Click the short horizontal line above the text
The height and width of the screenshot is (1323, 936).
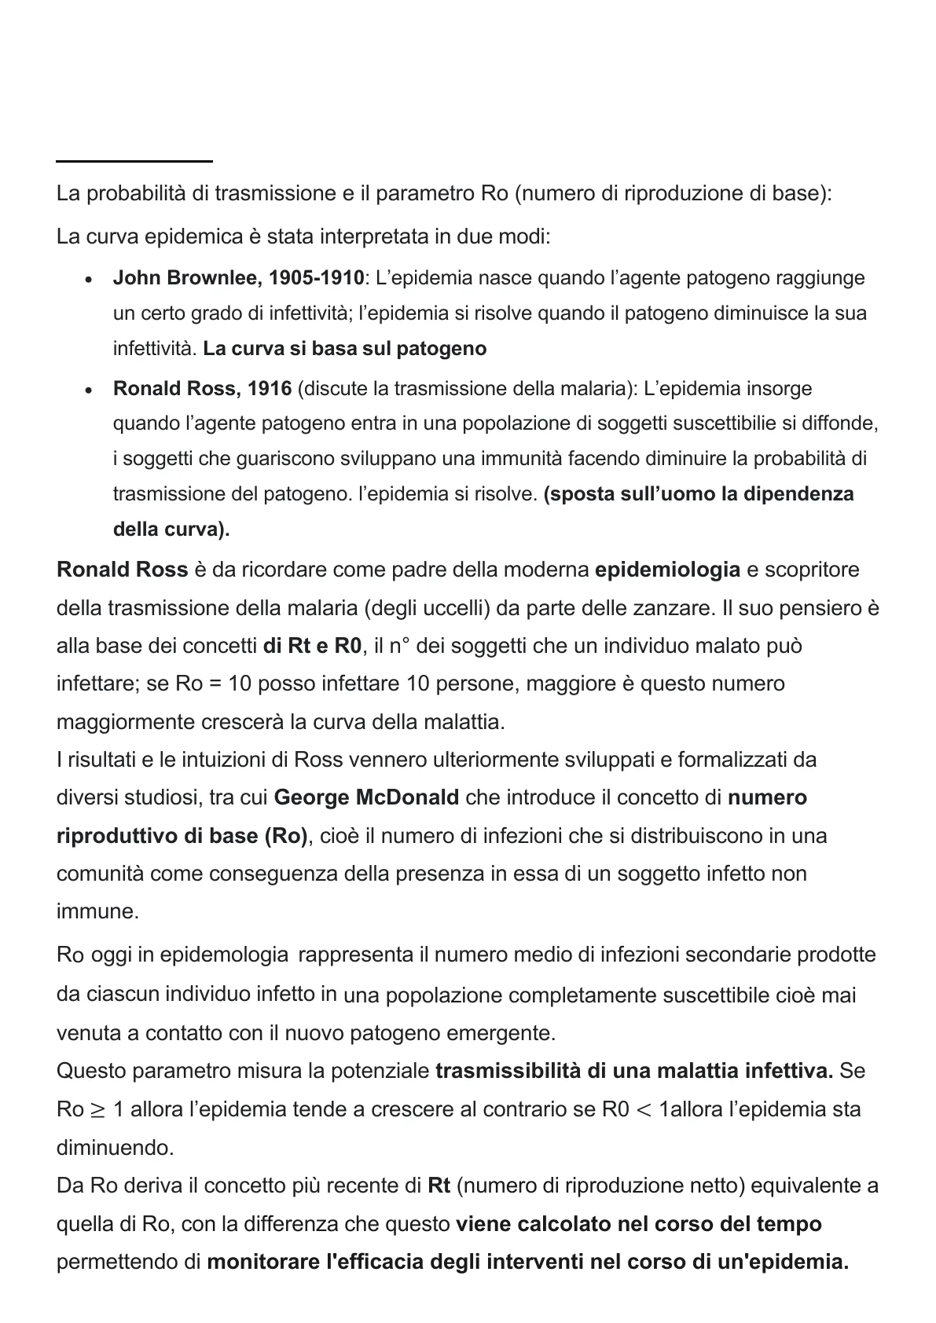coord(134,161)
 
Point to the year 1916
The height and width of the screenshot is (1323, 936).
coord(270,389)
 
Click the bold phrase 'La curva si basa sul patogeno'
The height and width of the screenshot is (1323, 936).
coord(344,349)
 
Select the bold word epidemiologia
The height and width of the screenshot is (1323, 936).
coord(667,570)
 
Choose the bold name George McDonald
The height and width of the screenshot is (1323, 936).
coord(366,798)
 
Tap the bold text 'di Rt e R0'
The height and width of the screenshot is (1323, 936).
coord(313,647)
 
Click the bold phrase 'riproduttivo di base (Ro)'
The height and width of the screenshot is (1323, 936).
coord(182,836)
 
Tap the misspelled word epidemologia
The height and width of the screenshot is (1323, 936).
coord(224,955)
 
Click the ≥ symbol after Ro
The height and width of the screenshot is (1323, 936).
coord(98,1110)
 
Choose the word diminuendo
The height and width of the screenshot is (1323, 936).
coord(115,1148)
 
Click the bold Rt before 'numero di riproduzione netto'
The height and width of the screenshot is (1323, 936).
coord(439,1186)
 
